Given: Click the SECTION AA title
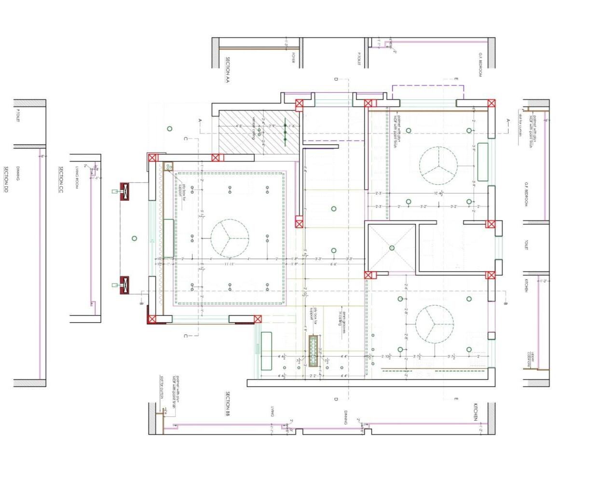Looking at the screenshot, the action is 227,70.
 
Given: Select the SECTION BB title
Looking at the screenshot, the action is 227,404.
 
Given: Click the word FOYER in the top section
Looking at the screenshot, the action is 293,58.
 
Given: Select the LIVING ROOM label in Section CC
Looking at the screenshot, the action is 77,178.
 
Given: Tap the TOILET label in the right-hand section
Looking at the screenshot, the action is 526,245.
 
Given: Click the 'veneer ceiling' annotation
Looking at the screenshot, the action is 254,128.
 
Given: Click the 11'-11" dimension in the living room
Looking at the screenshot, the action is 229,264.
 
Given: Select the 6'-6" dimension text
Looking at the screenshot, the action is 333,264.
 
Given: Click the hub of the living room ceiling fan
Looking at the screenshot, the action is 230,238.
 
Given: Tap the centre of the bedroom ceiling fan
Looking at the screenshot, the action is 438,166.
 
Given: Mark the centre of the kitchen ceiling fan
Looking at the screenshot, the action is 435,324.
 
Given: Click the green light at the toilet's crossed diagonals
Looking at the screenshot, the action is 392,248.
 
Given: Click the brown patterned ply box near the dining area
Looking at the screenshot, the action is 313,350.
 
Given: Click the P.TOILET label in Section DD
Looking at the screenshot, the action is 18,116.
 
